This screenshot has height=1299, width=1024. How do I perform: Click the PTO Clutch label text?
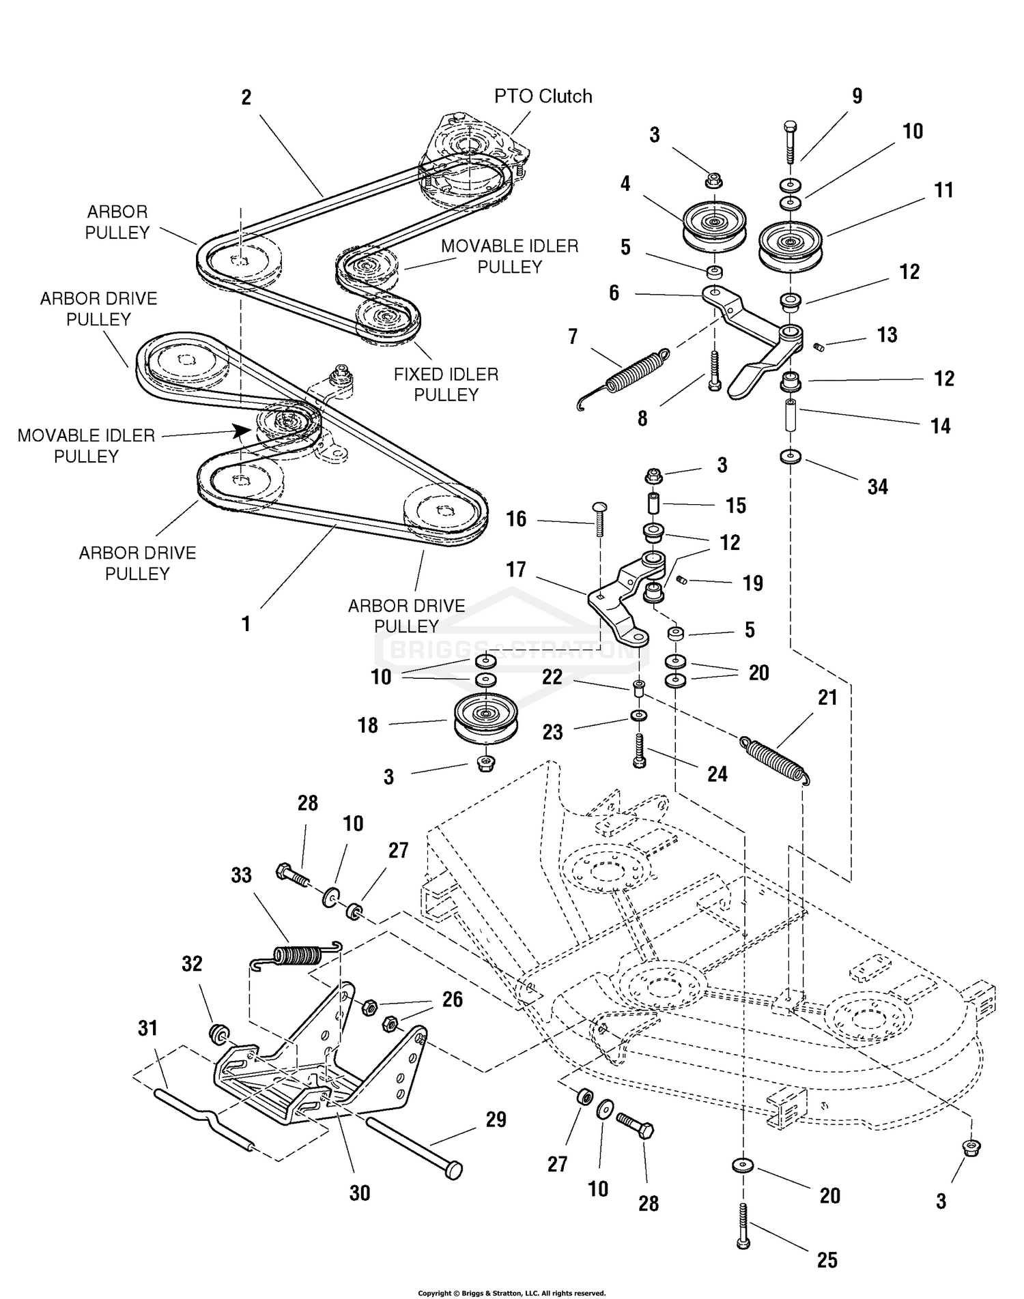coord(543,96)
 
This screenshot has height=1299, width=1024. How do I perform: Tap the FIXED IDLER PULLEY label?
coord(446,384)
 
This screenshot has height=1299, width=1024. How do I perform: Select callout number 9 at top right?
coord(857,96)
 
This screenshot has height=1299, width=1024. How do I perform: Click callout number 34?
coord(877,486)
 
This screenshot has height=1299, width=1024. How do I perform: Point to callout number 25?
coord(827,1259)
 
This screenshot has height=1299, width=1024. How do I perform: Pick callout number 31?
coord(148,1027)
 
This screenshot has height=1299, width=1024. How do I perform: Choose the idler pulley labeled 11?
coord(791,242)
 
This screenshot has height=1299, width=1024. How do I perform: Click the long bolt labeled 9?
coord(790,143)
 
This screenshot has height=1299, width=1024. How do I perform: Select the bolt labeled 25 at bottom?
coord(743,1225)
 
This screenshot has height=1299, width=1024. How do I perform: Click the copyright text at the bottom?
coord(511,1293)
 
